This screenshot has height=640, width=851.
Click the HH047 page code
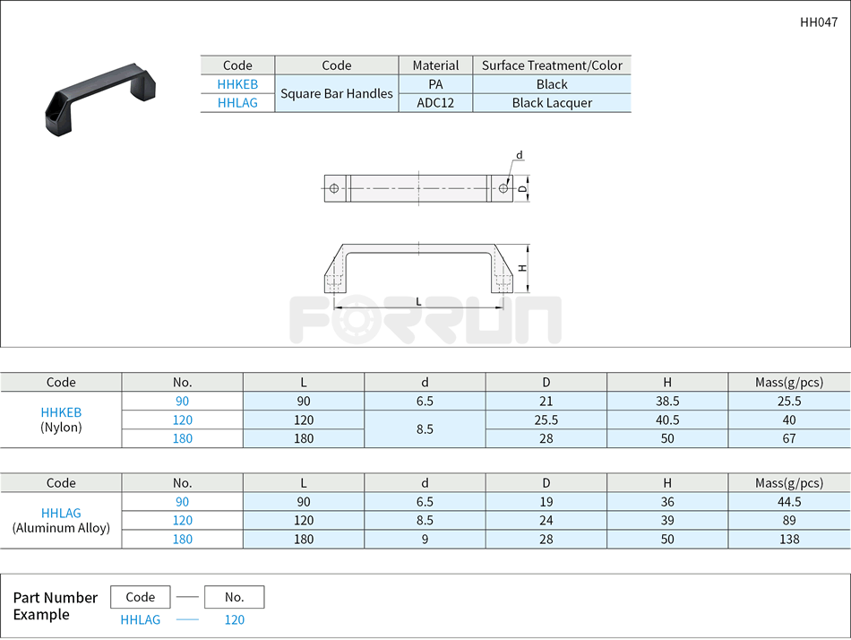pyautogui.click(x=819, y=22)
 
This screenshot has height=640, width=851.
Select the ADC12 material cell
pyautogui.click(x=435, y=103)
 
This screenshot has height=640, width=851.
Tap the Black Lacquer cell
pyautogui.click(x=552, y=103)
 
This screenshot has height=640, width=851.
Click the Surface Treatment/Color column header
pyautogui.click(x=552, y=65)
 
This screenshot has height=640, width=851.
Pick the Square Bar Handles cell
pyautogui.click(x=337, y=93)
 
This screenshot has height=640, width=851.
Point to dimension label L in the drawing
pyautogui.click(x=418, y=301)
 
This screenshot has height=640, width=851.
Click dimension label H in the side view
pyautogui.click(x=521, y=268)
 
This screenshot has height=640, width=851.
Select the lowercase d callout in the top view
pyautogui.click(x=520, y=156)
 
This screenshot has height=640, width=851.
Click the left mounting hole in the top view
pyautogui.click(x=334, y=188)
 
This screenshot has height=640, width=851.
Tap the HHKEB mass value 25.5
pyautogui.click(x=789, y=402)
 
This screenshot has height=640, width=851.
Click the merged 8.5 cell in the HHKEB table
pyautogui.click(x=425, y=429)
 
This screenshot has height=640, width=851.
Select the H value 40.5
pyautogui.click(x=667, y=420)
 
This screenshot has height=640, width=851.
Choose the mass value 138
pyautogui.click(x=789, y=540)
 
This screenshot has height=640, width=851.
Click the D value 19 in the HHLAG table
pyautogui.click(x=546, y=502)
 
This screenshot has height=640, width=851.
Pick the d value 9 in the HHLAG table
pyautogui.click(x=425, y=540)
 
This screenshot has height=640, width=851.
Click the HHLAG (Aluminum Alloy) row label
pyautogui.click(x=61, y=521)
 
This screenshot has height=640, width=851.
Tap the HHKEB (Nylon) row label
pyautogui.click(x=61, y=419)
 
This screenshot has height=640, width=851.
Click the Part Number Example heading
pyautogui.click(x=56, y=606)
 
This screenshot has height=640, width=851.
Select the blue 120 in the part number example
pyautogui.click(x=234, y=619)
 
